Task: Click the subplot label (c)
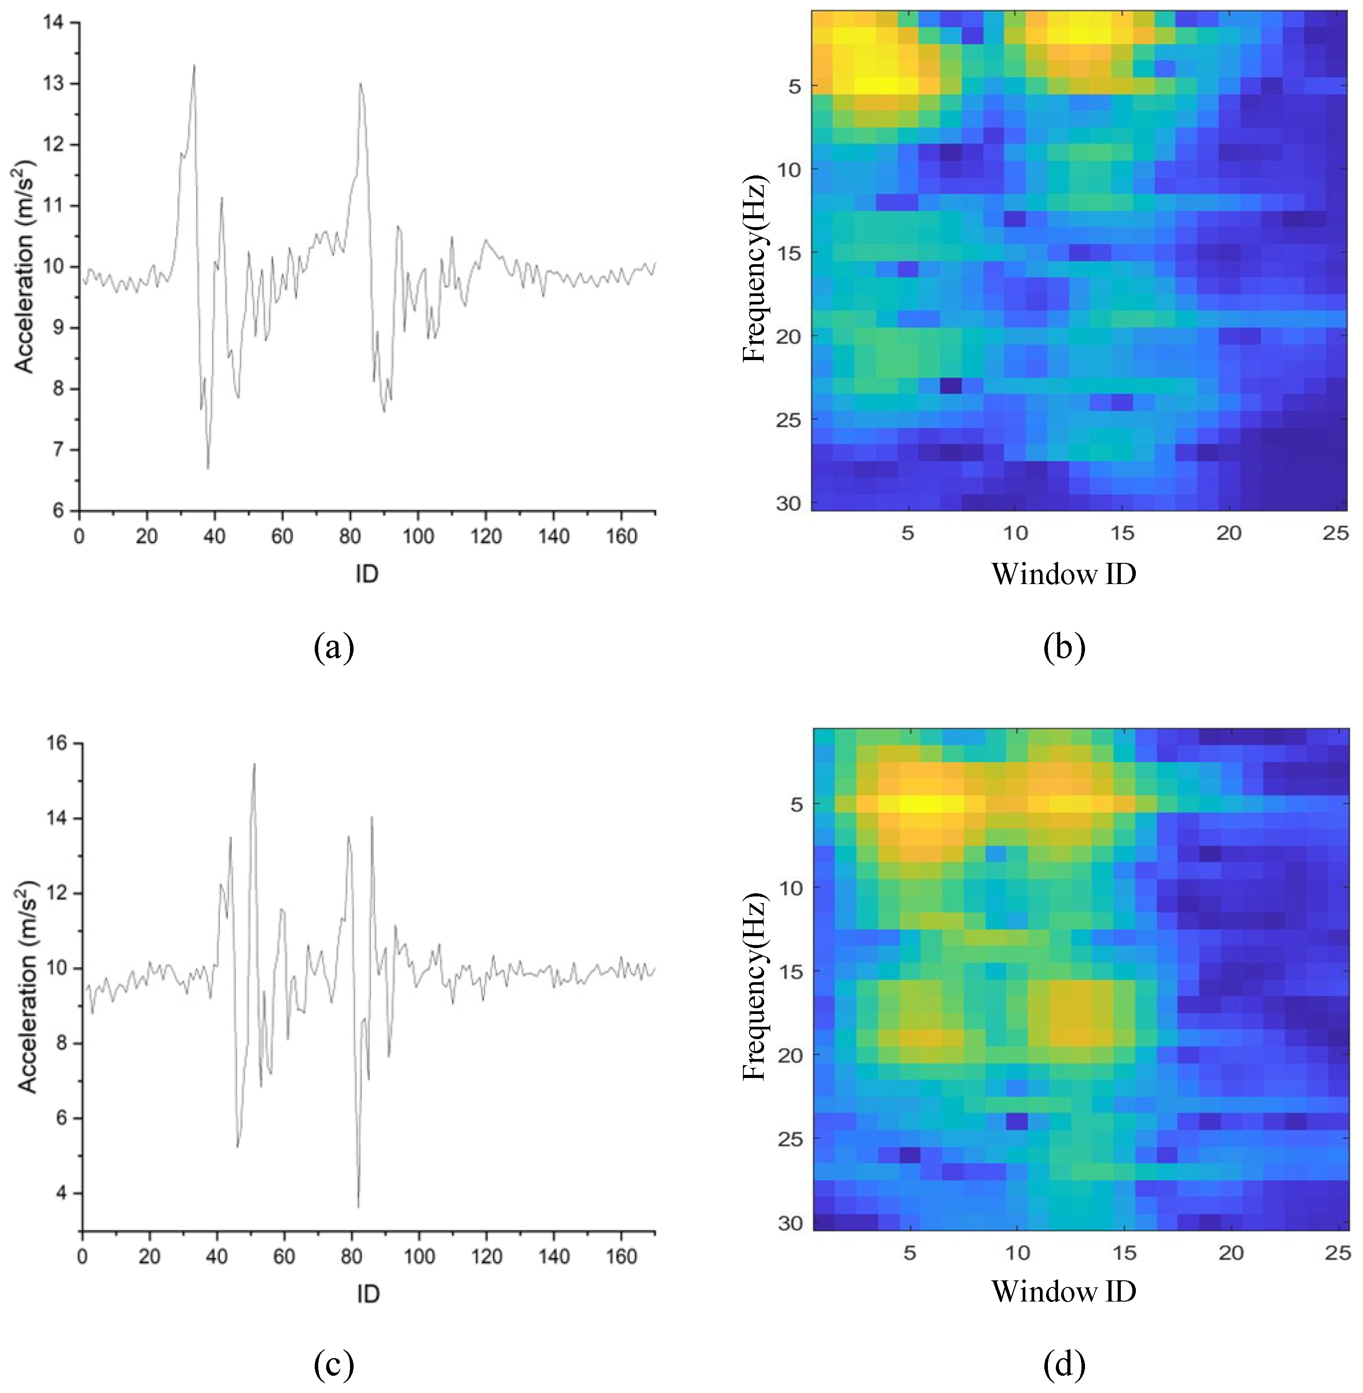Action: (334, 1365)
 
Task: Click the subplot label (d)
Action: (1065, 1365)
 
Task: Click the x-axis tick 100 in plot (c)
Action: (419, 1256)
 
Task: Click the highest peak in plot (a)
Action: (194, 65)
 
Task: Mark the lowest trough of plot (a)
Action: (208, 469)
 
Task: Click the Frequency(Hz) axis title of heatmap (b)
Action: (754, 268)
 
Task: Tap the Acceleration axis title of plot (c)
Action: (27, 987)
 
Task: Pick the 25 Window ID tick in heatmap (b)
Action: (1335, 533)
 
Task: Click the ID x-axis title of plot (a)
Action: (366, 574)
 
